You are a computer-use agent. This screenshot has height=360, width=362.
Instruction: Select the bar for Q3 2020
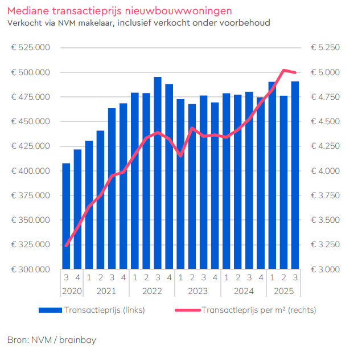click(x=66, y=216)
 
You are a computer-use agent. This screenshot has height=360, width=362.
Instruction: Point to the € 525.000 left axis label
click(x=31, y=47)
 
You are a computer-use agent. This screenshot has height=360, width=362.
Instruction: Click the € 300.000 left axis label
click(x=31, y=269)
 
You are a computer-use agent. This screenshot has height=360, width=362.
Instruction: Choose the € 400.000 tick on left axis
click(x=31, y=171)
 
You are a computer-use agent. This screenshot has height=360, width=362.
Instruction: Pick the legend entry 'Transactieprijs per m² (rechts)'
click(x=259, y=310)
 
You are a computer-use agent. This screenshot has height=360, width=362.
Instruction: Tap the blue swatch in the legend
click(x=51, y=310)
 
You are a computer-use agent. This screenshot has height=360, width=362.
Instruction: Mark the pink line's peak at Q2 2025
click(x=283, y=70)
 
